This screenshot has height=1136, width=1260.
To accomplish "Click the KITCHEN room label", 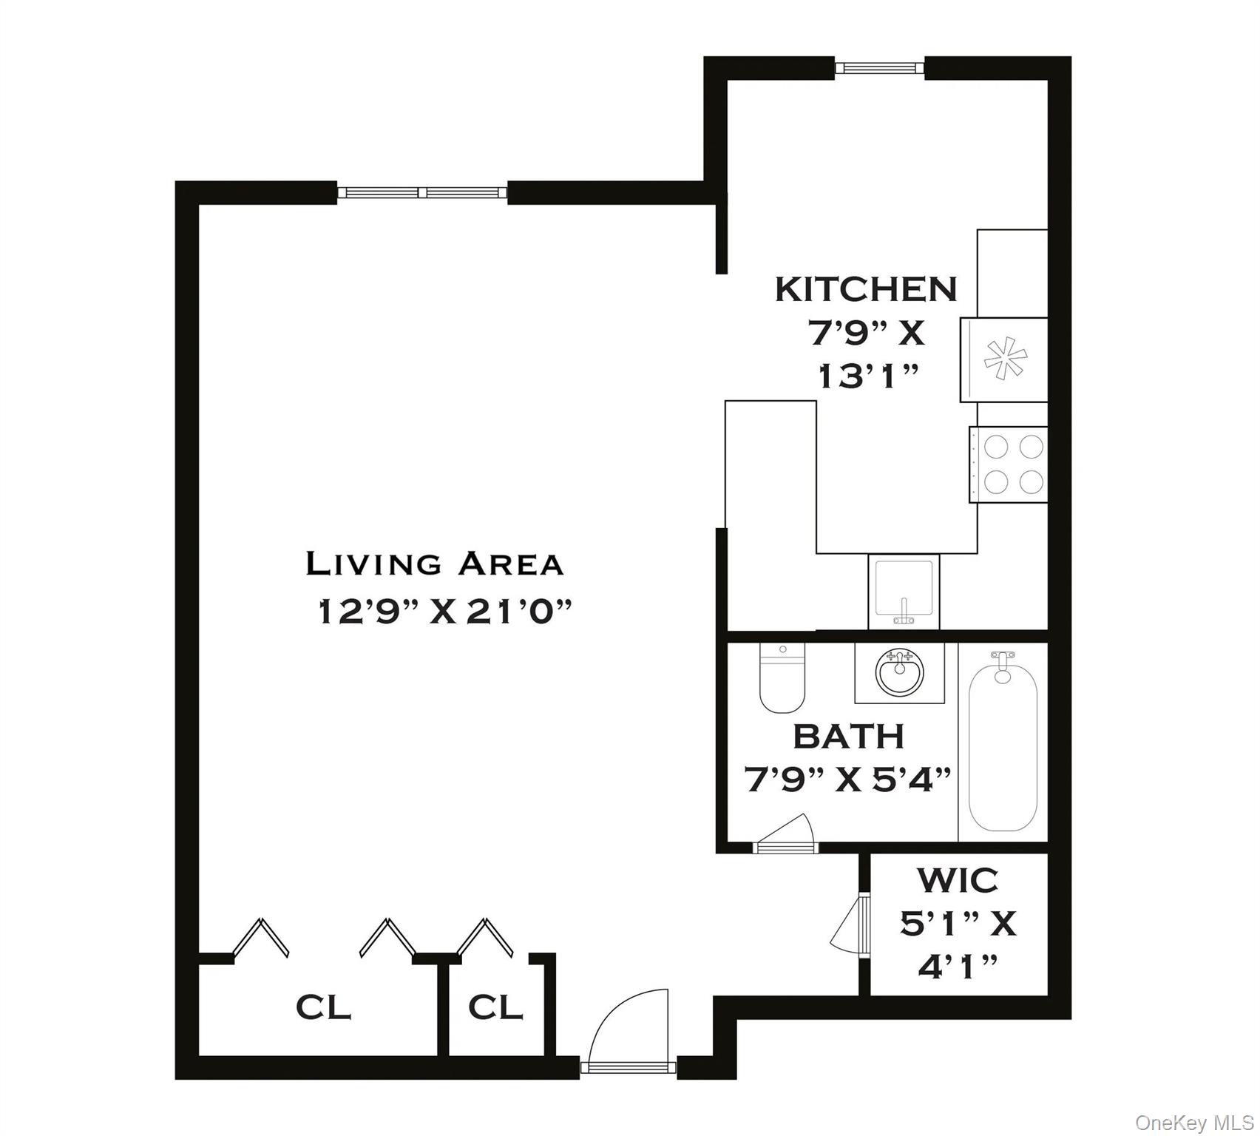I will coord(866,289).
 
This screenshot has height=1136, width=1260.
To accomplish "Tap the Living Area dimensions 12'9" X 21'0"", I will coord(445,612).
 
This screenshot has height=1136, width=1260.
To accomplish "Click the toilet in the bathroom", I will coord(782,678).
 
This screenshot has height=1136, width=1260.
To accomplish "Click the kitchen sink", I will coord(903,592).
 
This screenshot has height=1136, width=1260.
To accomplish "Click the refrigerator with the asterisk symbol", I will coord(1005,360).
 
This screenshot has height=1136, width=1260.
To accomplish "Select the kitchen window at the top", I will coord(880,68).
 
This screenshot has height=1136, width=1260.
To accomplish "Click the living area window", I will coord(423,193).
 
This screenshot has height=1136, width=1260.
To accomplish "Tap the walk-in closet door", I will coord(853,924).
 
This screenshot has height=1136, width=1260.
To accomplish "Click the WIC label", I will coord(958,881).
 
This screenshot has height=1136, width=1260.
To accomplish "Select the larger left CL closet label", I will coord(323,1007).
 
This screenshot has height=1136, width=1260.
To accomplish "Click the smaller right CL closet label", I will coord(495,1007).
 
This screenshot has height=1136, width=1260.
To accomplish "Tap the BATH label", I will coord(849,737).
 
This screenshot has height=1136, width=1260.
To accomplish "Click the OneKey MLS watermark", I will coord(1194,1123).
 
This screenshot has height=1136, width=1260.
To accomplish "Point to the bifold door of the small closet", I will coord(484,938).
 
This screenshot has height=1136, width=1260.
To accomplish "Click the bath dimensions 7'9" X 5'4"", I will coord(847,780).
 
